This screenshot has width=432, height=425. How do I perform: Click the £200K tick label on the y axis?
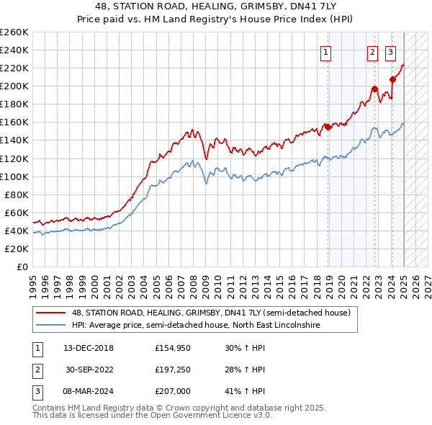[x=14, y=86]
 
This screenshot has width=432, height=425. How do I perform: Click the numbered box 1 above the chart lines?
[x=326, y=52]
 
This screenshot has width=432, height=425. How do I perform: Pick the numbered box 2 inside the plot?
[x=372, y=52]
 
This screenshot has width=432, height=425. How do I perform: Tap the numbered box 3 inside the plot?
[x=390, y=52]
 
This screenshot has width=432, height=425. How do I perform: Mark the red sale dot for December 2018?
[x=328, y=127]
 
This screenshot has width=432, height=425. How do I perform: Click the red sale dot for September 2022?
[x=375, y=89]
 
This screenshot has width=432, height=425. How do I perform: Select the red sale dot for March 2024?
[x=392, y=79]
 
